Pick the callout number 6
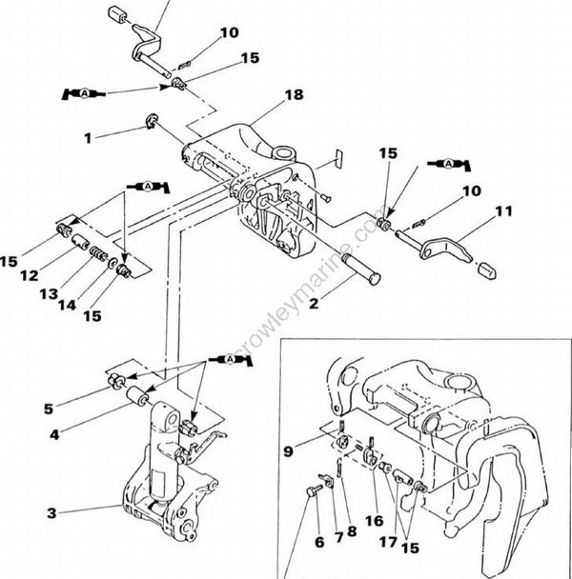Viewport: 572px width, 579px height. click(x=320, y=544)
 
